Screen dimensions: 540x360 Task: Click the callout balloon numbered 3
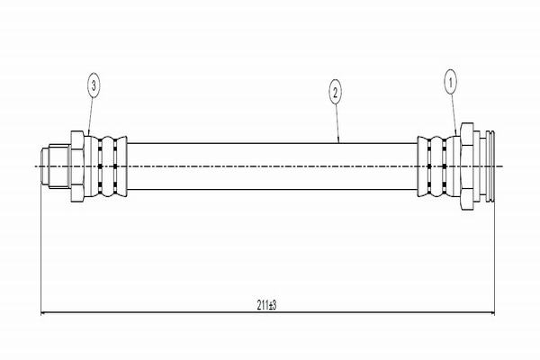[x=94, y=86]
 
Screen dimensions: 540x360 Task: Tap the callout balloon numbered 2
[x=335, y=91]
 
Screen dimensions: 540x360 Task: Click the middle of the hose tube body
[x=270, y=166]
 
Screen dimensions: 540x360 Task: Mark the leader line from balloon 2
[x=337, y=121]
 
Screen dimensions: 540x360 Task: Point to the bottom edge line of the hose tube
[x=270, y=190]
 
